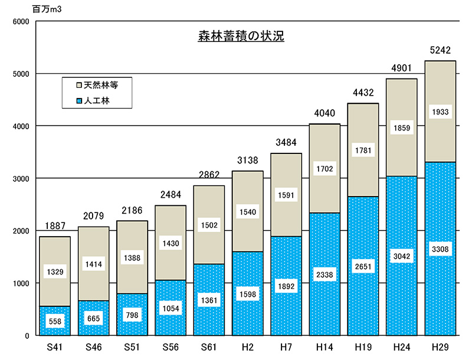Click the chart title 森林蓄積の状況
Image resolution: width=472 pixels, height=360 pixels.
click(241, 37)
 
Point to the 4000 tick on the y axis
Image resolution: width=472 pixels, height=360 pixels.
click(21, 126)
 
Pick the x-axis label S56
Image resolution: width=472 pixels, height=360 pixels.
click(171, 346)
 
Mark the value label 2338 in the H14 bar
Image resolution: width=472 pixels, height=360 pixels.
click(324, 276)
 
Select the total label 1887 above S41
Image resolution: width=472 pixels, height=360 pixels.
click(55, 226)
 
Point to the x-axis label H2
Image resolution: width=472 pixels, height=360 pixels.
click(248, 346)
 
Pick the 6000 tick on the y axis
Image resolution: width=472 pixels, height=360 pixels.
click(21, 21)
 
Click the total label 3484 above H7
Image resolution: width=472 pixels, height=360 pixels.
click(286, 143)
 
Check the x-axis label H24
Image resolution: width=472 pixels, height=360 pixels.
click(402, 346)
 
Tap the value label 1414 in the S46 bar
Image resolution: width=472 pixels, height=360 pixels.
click(93, 266)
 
